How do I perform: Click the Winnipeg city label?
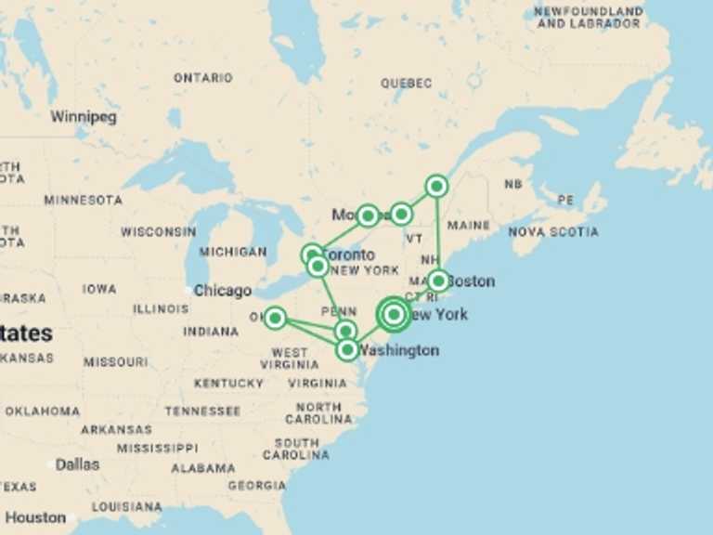click(84, 117)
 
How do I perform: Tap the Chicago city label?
click(222, 291)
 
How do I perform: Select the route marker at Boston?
click(438, 280)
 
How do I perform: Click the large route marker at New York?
click(394, 314)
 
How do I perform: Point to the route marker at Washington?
click(347, 349)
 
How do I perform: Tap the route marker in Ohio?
click(275, 318)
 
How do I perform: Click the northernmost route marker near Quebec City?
click(436, 186)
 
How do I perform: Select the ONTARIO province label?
click(203, 78)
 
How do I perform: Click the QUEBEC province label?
click(406, 84)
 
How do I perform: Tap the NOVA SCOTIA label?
click(553, 231)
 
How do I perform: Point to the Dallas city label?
click(77, 464)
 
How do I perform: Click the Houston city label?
click(36, 517)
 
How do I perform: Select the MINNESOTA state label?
click(83, 200)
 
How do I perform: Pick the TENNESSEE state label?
click(202, 411)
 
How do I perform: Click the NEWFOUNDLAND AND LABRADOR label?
click(590, 17)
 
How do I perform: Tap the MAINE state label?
click(469, 225)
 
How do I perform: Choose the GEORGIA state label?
click(257, 485)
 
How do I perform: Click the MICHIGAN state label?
click(232, 252)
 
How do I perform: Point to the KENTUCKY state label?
click(228, 383)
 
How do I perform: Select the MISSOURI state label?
click(116, 361)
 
